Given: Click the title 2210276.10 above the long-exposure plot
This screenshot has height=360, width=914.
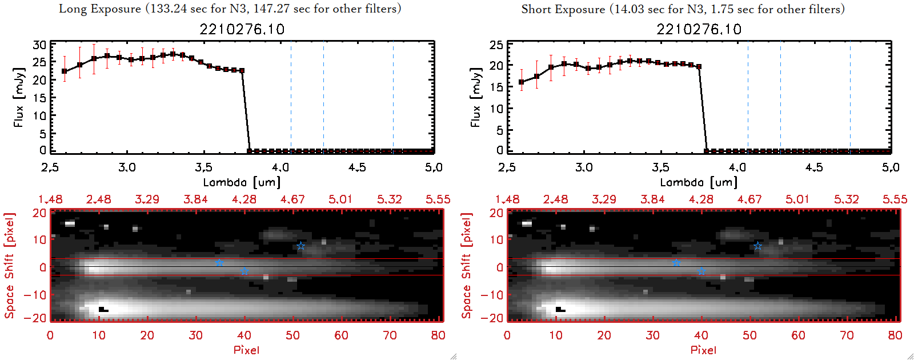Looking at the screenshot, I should [x=242, y=29].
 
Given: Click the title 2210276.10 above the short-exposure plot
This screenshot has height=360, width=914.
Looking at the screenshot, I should [x=699, y=29].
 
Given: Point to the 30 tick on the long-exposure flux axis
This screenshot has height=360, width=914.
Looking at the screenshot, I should [x=39, y=45].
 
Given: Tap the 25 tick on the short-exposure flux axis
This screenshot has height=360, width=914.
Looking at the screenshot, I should [x=496, y=45].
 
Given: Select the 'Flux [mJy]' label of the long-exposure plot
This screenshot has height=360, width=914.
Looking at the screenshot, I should [x=19, y=97].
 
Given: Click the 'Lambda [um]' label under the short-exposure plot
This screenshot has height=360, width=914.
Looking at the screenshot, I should [x=699, y=182].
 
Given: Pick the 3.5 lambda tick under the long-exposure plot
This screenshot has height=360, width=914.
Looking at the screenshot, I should [x=203, y=167].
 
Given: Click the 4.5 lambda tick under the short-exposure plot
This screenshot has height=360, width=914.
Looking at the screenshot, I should [x=814, y=167].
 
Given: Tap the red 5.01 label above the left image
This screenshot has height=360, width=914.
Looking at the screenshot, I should [x=340, y=199].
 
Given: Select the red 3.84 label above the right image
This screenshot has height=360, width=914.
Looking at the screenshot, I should [x=652, y=199].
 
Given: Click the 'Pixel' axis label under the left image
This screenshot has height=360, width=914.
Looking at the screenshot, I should [x=246, y=350].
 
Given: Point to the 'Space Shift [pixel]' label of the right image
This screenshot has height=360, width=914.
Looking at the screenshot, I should [x=467, y=266].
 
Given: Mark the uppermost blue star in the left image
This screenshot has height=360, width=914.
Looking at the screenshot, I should [x=301, y=246].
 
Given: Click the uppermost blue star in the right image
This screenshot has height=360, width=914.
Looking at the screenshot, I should [x=758, y=246].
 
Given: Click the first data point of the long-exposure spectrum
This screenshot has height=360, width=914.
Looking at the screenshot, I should [x=65, y=71].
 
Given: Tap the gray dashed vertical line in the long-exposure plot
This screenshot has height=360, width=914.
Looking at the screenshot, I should [x=291, y=97].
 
